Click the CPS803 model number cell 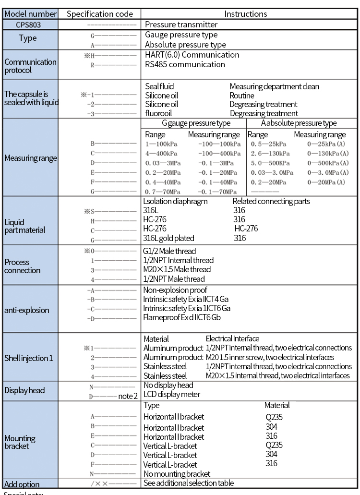(30, 24)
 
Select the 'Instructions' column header (249, 13)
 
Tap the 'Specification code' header (100, 13)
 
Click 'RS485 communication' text (185, 64)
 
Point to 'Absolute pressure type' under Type (185, 45)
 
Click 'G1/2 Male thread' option (169, 251)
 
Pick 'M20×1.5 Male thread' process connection (177, 269)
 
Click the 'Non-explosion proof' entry (175, 290)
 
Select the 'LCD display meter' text (172, 395)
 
